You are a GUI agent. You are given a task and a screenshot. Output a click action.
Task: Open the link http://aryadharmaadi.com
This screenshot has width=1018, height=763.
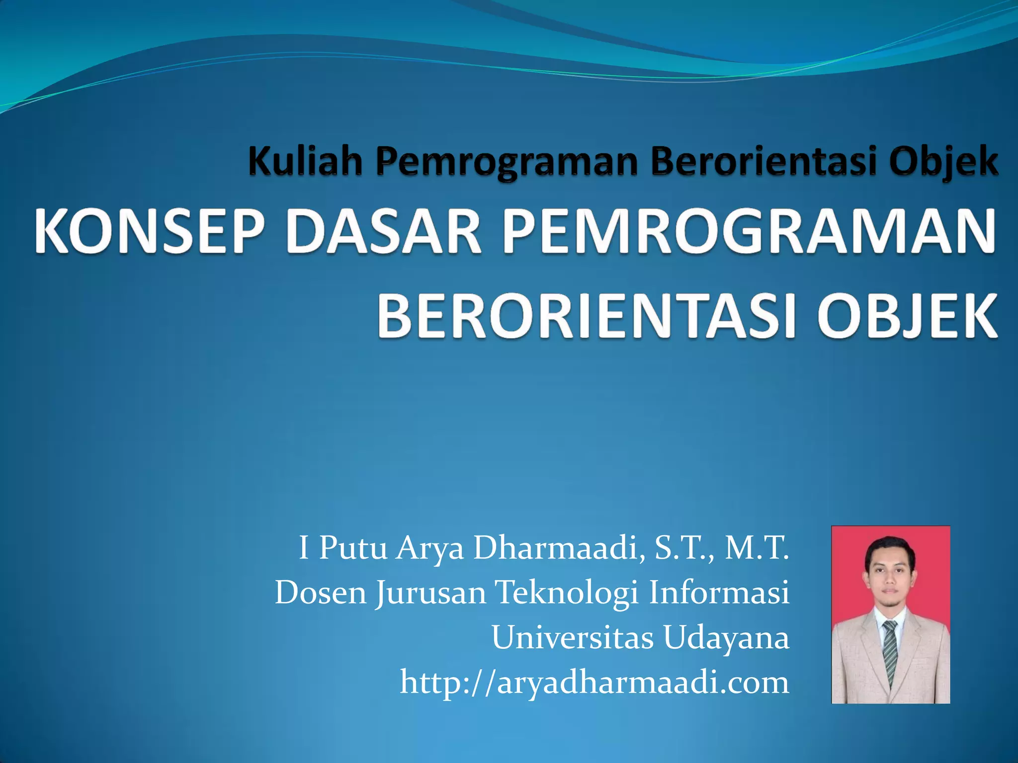tap(594, 682)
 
